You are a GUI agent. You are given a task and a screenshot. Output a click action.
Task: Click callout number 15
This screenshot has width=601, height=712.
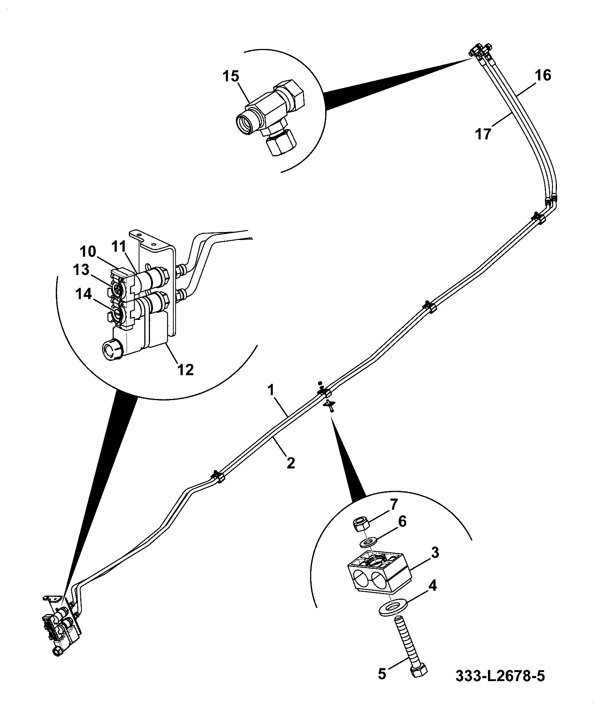(230, 77)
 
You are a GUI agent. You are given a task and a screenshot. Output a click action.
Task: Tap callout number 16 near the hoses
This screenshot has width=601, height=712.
(543, 75)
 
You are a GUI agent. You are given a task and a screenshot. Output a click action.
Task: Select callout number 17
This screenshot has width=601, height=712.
(484, 134)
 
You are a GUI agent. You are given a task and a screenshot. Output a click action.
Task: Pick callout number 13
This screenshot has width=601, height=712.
(81, 270)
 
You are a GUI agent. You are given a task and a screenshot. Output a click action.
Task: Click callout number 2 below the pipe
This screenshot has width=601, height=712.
(291, 463)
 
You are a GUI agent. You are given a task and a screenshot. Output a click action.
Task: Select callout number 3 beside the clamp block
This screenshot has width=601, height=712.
(435, 553)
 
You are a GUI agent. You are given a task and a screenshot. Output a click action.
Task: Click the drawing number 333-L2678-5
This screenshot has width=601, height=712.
(500, 687)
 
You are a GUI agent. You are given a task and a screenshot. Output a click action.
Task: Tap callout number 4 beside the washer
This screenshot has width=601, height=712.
(433, 586)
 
